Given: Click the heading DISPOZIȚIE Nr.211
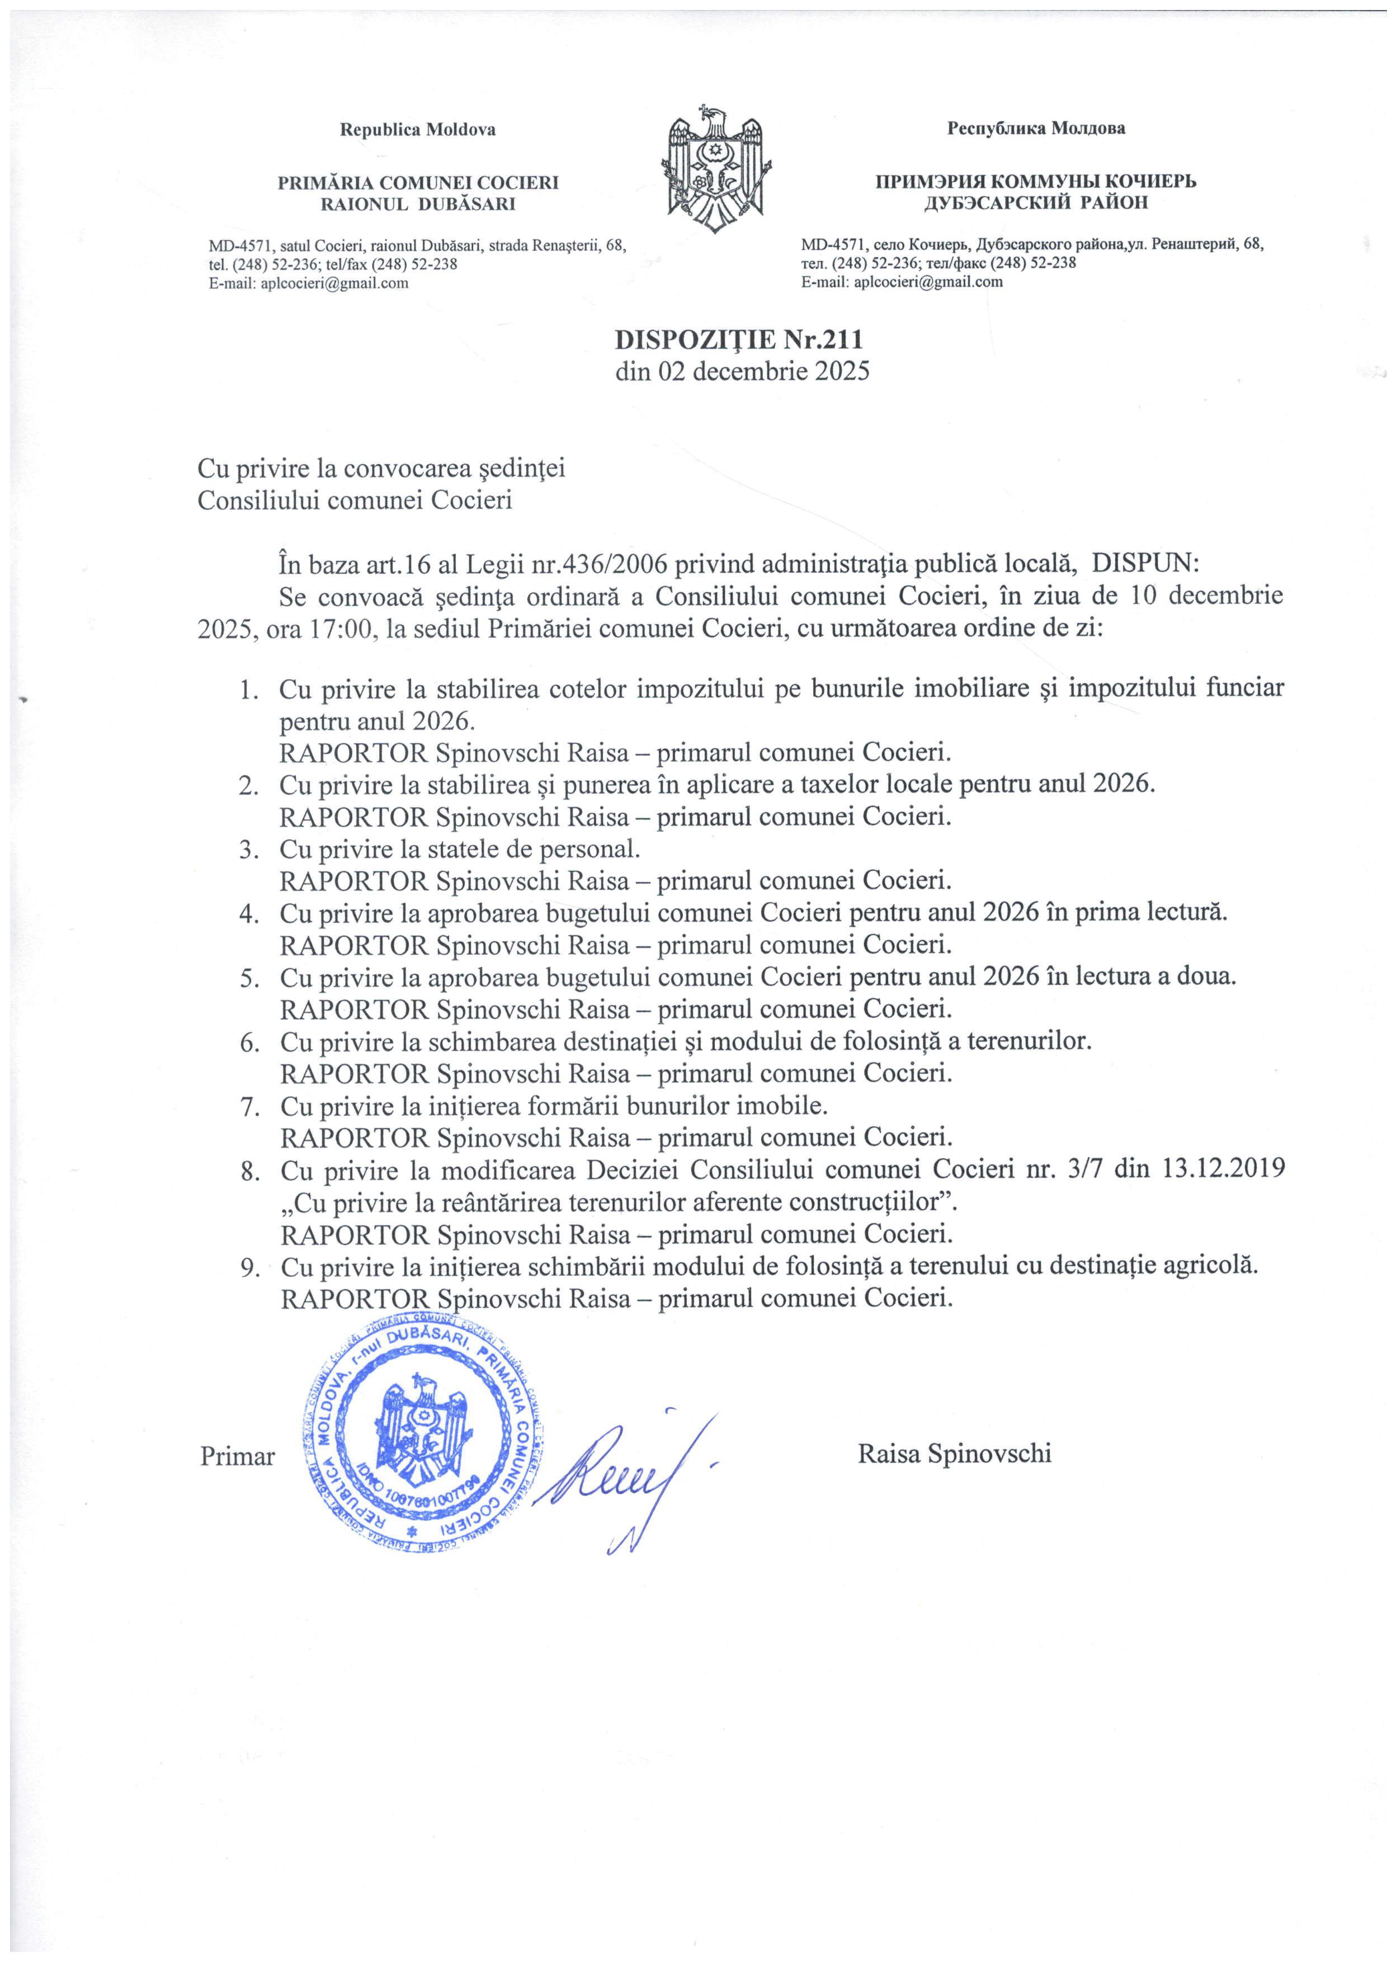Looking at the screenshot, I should pyautogui.click(x=740, y=340).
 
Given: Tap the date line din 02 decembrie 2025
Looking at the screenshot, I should pyautogui.click(x=742, y=372).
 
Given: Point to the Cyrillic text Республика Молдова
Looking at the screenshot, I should pyautogui.click(x=1036, y=129).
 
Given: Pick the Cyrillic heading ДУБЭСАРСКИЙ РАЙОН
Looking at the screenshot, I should pyautogui.click(x=1036, y=202).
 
